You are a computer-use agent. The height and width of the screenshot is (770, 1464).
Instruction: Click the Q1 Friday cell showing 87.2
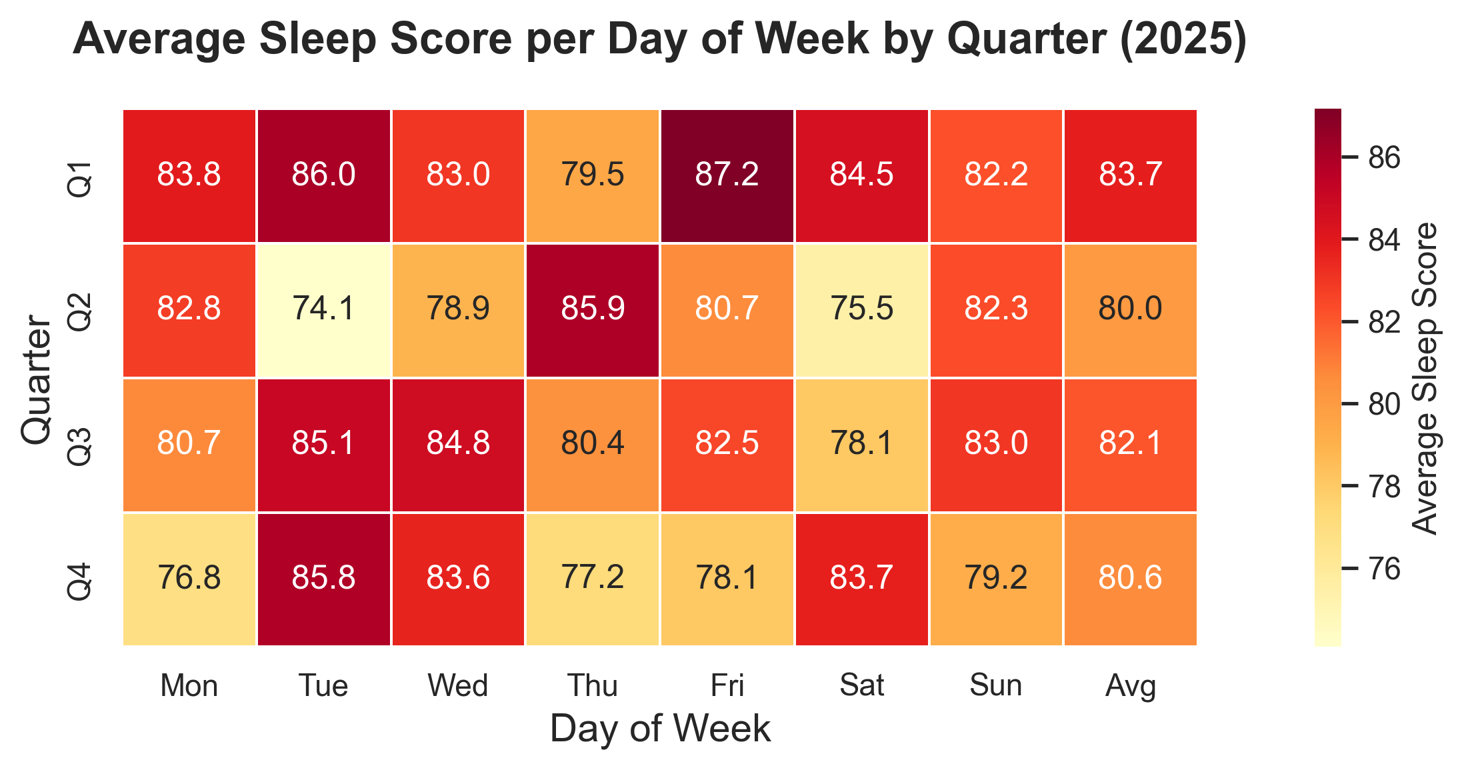tap(727, 176)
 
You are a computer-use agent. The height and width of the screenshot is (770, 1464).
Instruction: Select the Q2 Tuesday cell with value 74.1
tap(324, 310)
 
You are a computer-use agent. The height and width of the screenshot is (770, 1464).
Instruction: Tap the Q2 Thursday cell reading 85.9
tap(593, 310)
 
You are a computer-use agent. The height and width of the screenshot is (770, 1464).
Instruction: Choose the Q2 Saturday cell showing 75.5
tap(861, 310)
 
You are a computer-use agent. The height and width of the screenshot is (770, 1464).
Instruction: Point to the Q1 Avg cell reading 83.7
tap(1130, 176)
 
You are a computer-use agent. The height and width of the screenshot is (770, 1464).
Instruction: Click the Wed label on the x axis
tap(458, 685)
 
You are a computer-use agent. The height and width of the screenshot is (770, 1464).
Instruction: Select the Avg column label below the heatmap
tap(1130, 685)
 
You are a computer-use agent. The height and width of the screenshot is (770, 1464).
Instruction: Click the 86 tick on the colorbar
tap(1384, 157)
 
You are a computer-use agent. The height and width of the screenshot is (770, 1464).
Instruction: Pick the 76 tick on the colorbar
tap(1384, 569)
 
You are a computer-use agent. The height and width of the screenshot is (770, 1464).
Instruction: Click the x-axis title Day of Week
tap(660, 729)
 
